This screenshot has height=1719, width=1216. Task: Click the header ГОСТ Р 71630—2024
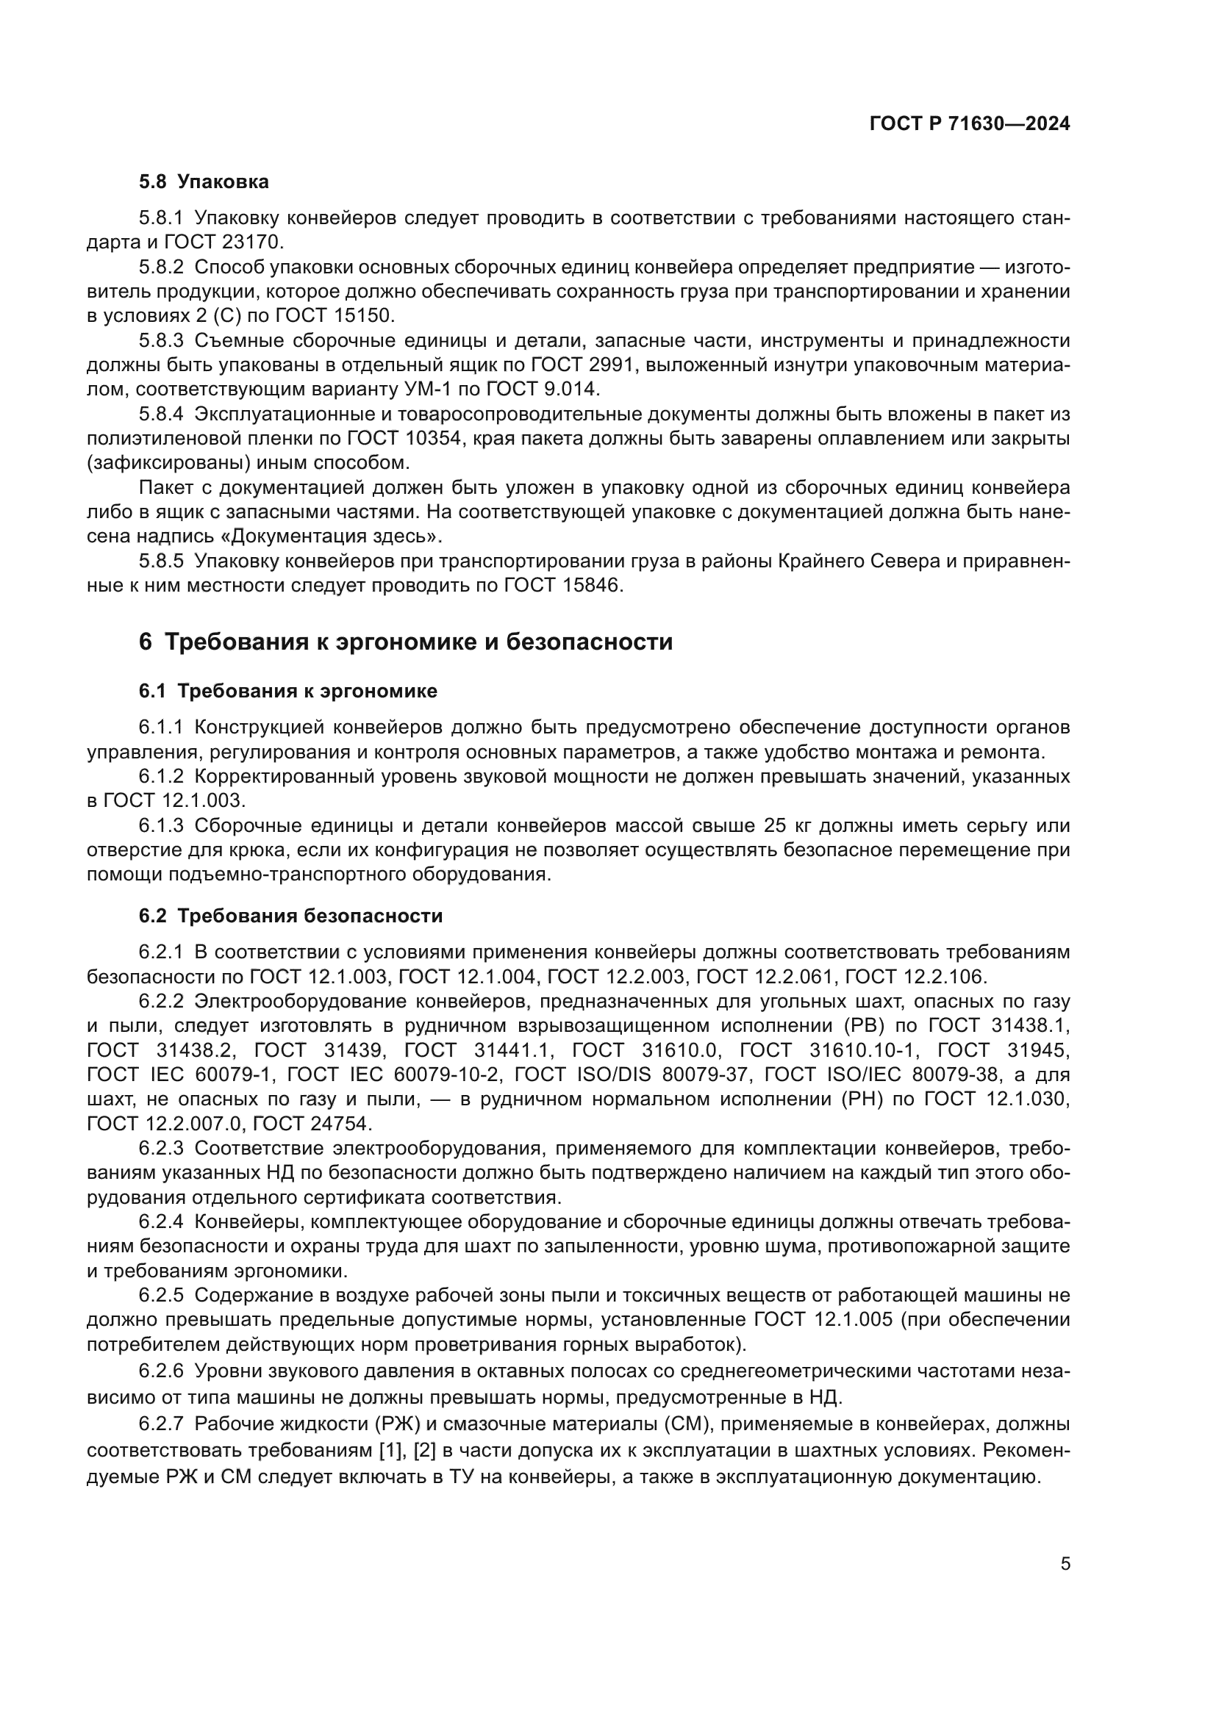(x=970, y=124)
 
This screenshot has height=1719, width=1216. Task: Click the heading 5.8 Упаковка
(x=204, y=182)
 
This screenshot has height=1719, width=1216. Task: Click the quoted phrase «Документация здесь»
(x=336, y=536)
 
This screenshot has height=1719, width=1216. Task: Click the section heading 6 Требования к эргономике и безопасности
(x=405, y=642)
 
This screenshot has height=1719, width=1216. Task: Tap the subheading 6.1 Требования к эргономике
(x=287, y=691)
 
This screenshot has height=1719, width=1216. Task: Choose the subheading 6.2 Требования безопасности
(x=290, y=916)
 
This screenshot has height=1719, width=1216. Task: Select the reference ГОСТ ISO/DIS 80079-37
(x=632, y=1075)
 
